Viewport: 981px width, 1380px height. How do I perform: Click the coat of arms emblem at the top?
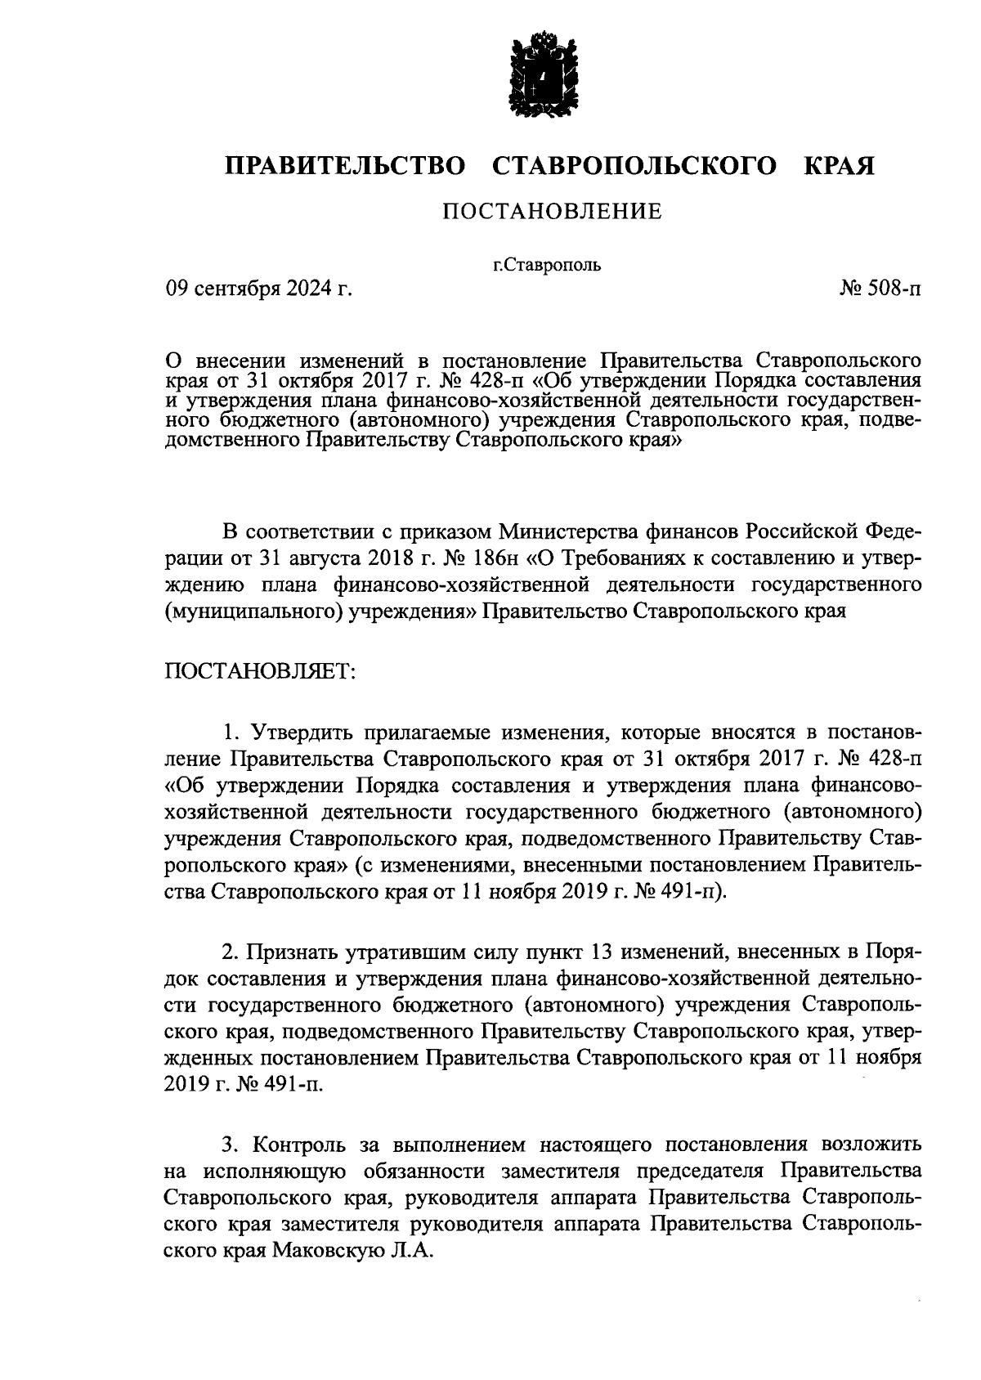point(535,75)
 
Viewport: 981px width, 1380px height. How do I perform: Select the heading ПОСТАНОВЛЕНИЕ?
point(552,213)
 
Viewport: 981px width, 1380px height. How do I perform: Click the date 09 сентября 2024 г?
point(258,289)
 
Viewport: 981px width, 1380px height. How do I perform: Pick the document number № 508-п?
point(880,289)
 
